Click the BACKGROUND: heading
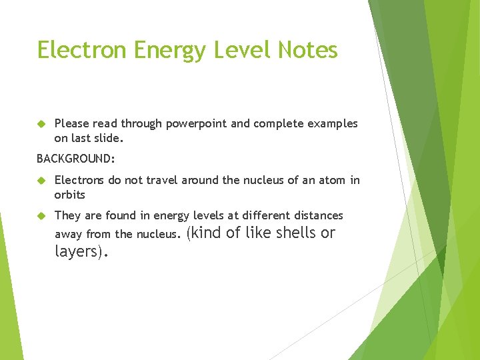[76, 159]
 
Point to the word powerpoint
[196, 124]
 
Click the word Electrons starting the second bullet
[79, 180]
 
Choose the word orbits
[70, 195]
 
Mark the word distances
[317, 215]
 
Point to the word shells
[295, 233]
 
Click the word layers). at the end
[82, 251]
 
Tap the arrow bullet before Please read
[41, 124]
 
